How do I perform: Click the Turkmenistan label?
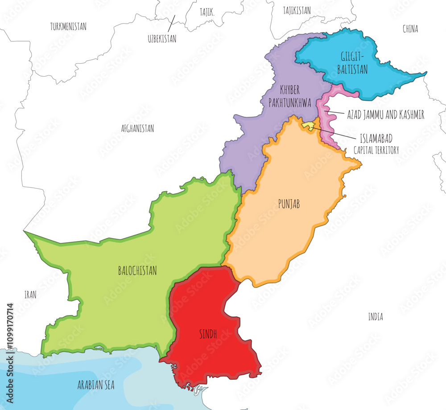click(x=68, y=27)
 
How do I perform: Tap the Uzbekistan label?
click(x=162, y=39)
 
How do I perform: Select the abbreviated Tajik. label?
click(x=206, y=13)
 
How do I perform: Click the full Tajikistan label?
click(x=297, y=11)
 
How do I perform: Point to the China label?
click(x=410, y=29)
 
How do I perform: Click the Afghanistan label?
click(x=137, y=129)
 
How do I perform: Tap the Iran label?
click(x=30, y=295)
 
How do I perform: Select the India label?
click(x=376, y=317)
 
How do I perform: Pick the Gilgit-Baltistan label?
click(x=354, y=63)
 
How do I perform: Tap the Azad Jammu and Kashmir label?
click(x=385, y=115)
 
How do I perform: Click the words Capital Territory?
click(x=376, y=151)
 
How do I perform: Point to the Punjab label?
click(x=289, y=204)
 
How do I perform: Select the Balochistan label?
click(x=137, y=271)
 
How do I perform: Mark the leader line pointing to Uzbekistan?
click(x=171, y=21)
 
